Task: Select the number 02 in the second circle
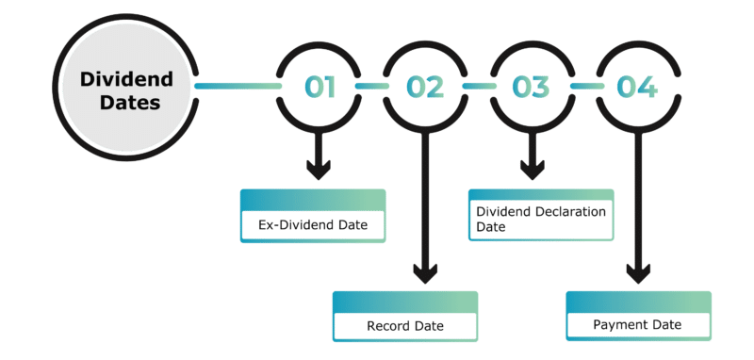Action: pyautogui.click(x=425, y=87)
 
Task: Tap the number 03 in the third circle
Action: pyautogui.click(x=531, y=87)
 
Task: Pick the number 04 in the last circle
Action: pyautogui.click(x=637, y=87)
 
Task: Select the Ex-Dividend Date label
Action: pyautogui.click(x=313, y=226)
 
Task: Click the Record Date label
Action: pyautogui.click(x=405, y=327)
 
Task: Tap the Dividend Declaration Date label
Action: pyautogui.click(x=540, y=219)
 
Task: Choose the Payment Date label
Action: pyautogui.click(x=637, y=325)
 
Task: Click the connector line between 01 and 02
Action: pyautogui.click(x=371, y=87)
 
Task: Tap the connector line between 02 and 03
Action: pyautogui.click(x=478, y=87)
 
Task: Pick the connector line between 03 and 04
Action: pyautogui.click(x=584, y=87)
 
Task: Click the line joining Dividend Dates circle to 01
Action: pyautogui.click(x=236, y=87)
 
